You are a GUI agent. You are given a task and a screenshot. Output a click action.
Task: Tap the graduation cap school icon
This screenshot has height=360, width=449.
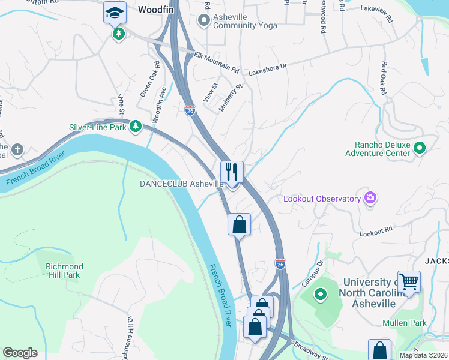(x=114, y=12)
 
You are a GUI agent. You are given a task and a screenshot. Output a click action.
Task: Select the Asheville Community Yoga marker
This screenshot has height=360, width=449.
(x=204, y=21)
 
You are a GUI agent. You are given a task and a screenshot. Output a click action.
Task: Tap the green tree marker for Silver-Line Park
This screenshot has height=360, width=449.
(x=136, y=126)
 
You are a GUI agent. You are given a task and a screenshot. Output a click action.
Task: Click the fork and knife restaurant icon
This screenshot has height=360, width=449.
(x=232, y=172)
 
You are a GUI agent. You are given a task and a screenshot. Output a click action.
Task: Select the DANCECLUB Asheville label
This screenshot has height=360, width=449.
(x=182, y=184)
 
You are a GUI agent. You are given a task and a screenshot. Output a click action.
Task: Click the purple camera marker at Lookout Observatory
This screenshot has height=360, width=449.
(x=370, y=198)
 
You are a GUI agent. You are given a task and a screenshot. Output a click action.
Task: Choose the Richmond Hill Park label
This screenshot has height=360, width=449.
(x=64, y=271)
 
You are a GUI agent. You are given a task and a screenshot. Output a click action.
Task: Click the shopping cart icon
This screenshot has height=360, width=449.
(x=409, y=281)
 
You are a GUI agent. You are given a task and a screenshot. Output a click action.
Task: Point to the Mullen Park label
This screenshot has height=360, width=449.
(x=404, y=323)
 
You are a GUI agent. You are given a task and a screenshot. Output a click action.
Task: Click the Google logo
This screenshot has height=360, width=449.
(x=20, y=353)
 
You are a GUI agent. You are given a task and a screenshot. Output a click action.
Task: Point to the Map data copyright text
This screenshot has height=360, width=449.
(x=423, y=355)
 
